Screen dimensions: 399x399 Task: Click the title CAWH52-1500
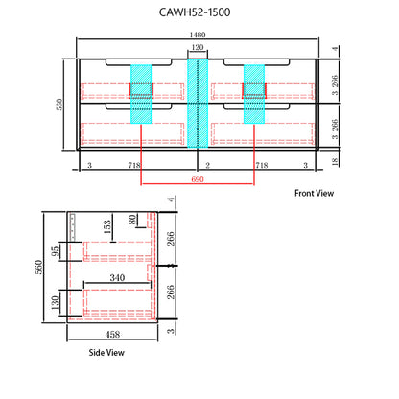pyautogui.click(x=195, y=12)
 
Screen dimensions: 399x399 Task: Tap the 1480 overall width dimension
pyautogui.click(x=198, y=35)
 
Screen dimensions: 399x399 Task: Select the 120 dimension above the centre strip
pyautogui.click(x=198, y=47)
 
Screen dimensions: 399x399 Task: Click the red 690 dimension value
pyautogui.click(x=198, y=179)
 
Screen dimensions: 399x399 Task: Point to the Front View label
pyautogui.click(x=314, y=193)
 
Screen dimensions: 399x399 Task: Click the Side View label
pyautogui.click(x=106, y=353)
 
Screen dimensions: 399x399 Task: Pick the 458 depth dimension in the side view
pyautogui.click(x=112, y=335)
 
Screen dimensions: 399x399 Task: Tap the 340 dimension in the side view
pyautogui.click(x=117, y=277)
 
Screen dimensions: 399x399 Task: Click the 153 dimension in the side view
pyautogui.click(x=107, y=226)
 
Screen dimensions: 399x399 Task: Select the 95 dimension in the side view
pyautogui.click(x=55, y=251)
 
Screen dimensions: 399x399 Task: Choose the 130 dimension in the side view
pyautogui.click(x=55, y=302)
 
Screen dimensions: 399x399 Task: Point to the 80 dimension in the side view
pyautogui.click(x=132, y=220)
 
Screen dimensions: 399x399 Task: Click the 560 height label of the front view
pyautogui.click(x=59, y=105)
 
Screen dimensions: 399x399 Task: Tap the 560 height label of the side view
pyautogui.click(x=38, y=268)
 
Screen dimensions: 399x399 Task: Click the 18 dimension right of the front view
pyautogui.click(x=335, y=161)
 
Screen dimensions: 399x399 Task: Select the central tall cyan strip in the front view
pyautogui.click(x=198, y=104)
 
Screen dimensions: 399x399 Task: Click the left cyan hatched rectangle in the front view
pyautogui.click(x=141, y=94)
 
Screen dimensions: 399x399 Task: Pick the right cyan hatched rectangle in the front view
pyautogui.click(x=254, y=94)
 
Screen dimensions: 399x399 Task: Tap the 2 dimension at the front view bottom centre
pyautogui.click(x=207, y=165)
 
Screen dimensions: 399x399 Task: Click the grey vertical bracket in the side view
pyautogui.click(x=73, y=226)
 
